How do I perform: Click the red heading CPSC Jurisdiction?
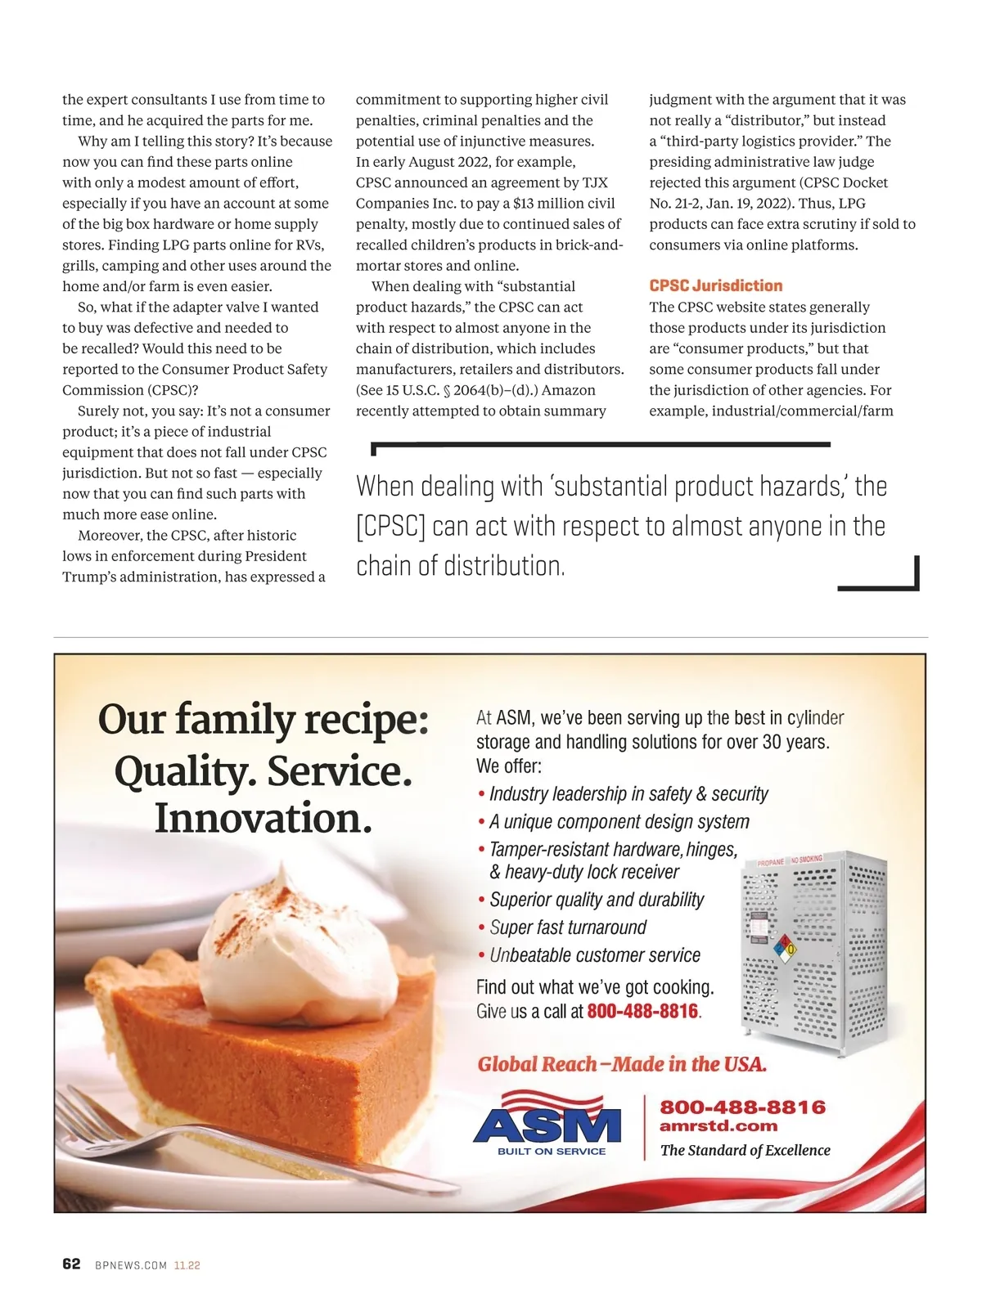coord(715,285)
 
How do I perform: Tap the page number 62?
coord(71,1264)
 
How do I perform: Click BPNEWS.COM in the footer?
coord(131,1265)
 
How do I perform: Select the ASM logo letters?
coord(547,1125)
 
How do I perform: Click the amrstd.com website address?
coord(718,1126)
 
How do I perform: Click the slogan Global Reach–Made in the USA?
coord(622,1064)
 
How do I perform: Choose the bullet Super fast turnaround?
coord(568,927)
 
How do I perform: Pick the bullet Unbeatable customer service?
coord(595,955)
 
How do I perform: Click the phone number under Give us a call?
coord(642,1011)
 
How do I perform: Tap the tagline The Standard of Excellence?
coord(745,1150)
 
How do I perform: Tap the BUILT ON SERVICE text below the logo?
coord(552,1151)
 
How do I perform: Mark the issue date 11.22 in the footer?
coord(187,1265)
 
